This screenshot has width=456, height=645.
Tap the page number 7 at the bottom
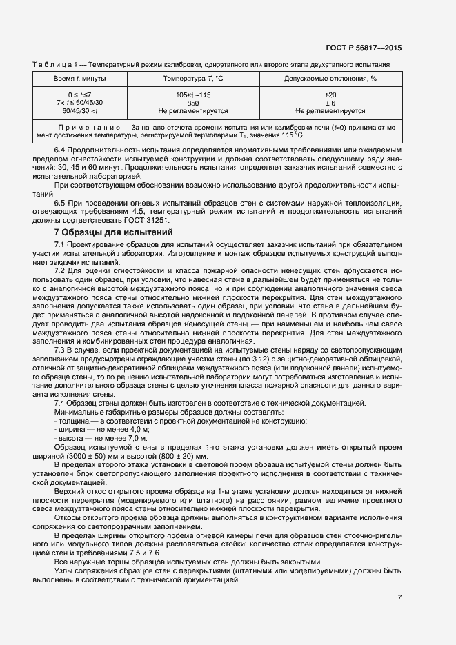coord(399,597)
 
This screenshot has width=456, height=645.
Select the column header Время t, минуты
coord(80,79)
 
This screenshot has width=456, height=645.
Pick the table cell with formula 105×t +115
coord(193,94)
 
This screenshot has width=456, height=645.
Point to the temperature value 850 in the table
coord(193,102)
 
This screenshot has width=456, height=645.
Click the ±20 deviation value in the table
coord(330,94)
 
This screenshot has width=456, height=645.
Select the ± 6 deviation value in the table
coord(330,102)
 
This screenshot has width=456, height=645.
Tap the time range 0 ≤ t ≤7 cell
coord(80,94)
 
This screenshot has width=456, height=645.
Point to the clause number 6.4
coord(61,151)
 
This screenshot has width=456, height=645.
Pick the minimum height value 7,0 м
coord(135,437)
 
